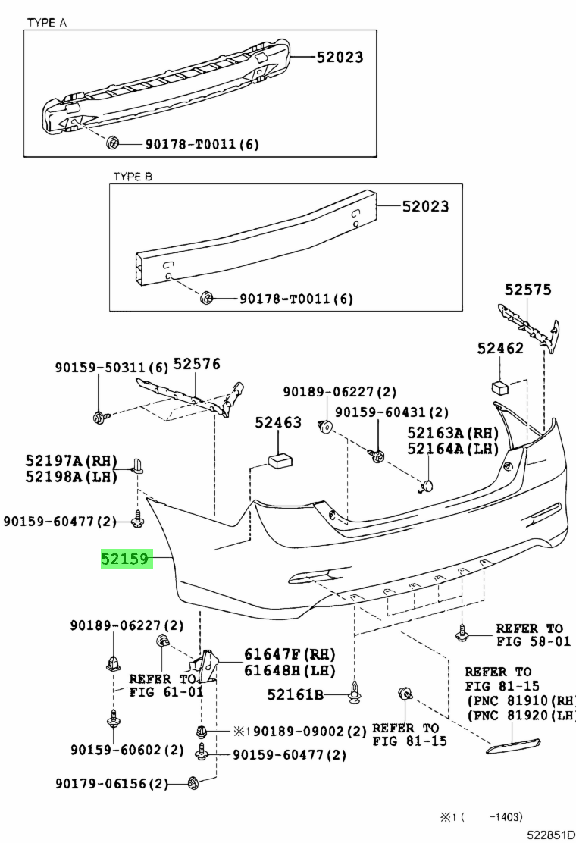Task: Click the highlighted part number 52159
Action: click(x=127, y=560)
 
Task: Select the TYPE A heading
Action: click(x=47, y=23)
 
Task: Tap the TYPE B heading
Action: click(x=133, y=177)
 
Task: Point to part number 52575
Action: click(x=528, y=290)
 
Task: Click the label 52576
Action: click(x=196, y=364)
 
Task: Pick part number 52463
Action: click(x=277, y=423)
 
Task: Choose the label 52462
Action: click(x=500, y=348)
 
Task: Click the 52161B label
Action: click(x=295, y=694)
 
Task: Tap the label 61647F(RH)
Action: click(x=289, y=654)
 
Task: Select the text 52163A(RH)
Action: click(x=453, y=432)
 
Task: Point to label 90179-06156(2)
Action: click(x=112, y=783)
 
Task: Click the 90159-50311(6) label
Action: click(x=111, y=368)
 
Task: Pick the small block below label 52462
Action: click(x=500, y=386)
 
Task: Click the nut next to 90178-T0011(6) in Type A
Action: click(x=114, y=143)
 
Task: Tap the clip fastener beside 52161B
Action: click(x=354, y=692)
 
